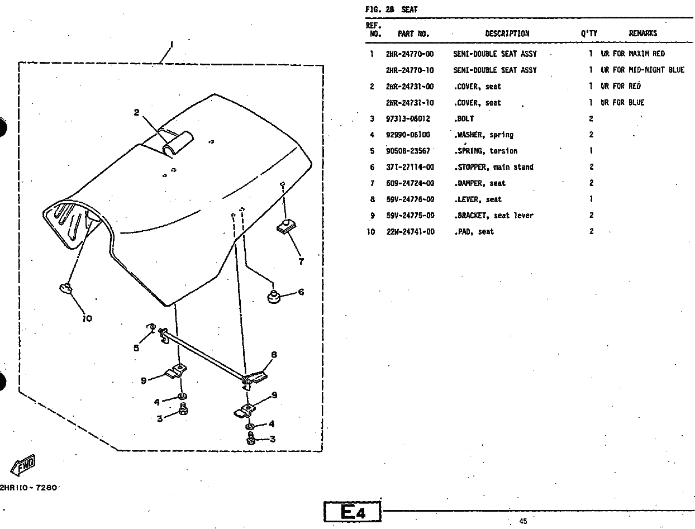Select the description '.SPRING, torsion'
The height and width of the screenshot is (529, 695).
[x=485, y=151]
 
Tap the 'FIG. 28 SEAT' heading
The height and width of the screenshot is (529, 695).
[x=391, y=9]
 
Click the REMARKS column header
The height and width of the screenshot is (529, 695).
[x=642, y=34]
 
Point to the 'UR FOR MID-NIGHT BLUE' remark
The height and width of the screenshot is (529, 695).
[x=642, y=70]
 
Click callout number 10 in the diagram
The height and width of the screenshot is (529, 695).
[x=87, y=318]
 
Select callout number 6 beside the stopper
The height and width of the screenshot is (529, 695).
[x=301, y=292]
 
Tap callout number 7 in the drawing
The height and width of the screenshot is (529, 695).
[x=301, y=260]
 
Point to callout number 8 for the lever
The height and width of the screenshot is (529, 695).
[x=274, y=355]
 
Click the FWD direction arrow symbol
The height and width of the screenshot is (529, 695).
[x=23, y=463]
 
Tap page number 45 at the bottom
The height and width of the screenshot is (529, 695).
[x=523, y=521]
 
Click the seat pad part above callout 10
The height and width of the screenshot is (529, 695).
[x=66, y=288]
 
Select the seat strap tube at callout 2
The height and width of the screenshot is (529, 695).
[x=175, y=143]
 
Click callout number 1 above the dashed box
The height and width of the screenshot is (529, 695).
[x=172, y=44]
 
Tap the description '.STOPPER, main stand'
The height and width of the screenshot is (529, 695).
[x=493, y=167]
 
